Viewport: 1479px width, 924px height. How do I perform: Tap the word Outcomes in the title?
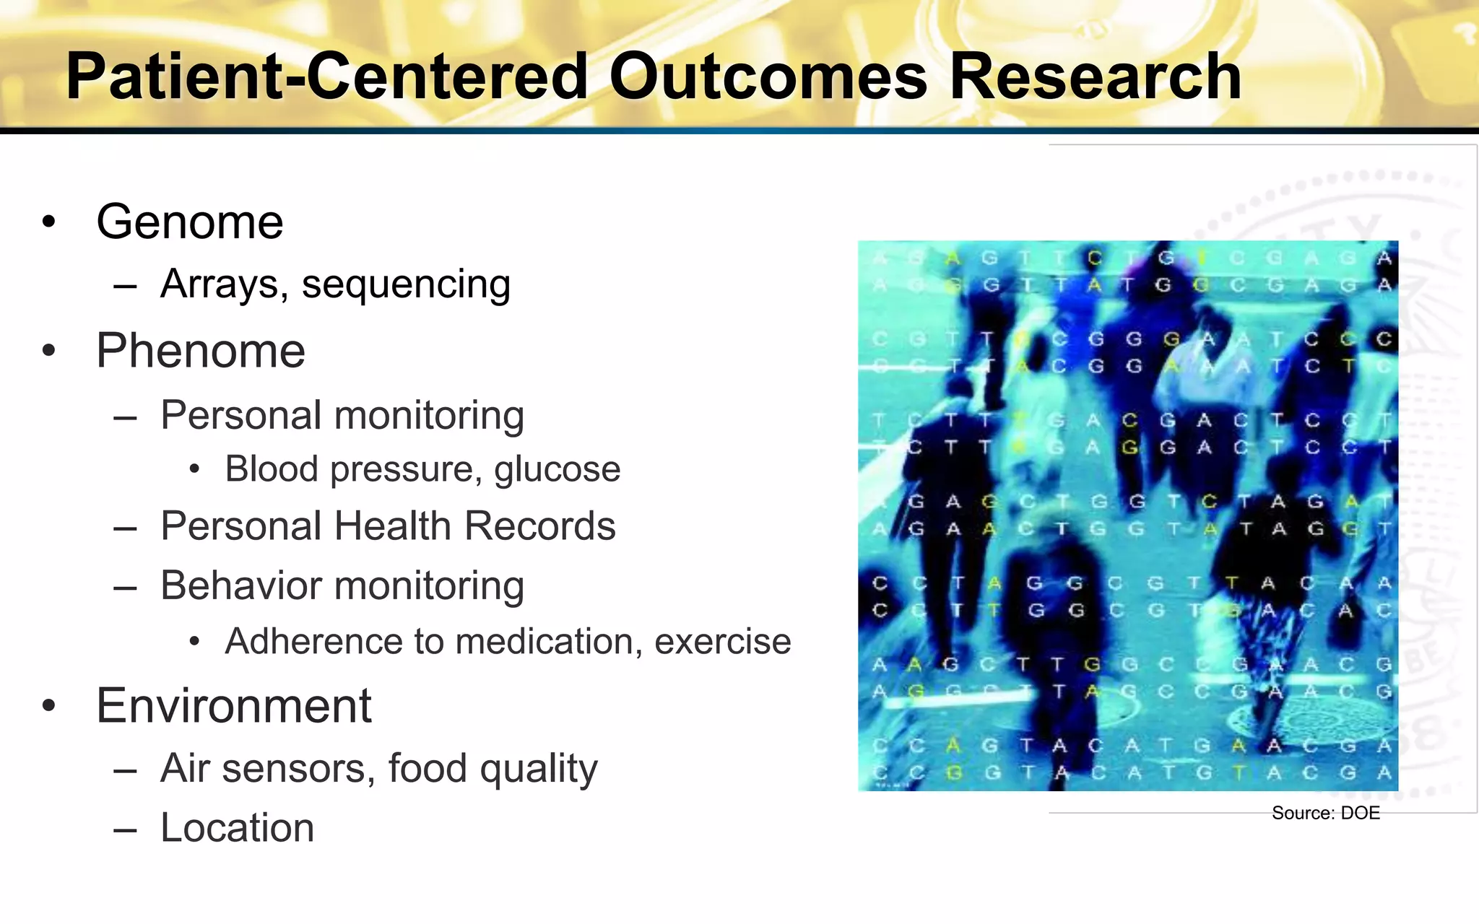coord(768,77)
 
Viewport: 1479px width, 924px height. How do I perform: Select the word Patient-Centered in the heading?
coord(327,77)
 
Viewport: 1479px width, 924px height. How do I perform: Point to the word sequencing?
coord(406,284)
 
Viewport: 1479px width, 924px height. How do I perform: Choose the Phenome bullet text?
coord(201,352)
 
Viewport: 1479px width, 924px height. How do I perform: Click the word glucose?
coord(557,470)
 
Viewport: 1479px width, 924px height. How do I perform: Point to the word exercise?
coord(722,642)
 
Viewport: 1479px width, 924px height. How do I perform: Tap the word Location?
coord(238,828)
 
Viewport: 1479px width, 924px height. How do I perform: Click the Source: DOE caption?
coord(1325,814)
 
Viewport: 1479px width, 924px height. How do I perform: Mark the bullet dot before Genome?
coord(48,222)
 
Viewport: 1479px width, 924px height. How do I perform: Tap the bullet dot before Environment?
coord(48,706)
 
